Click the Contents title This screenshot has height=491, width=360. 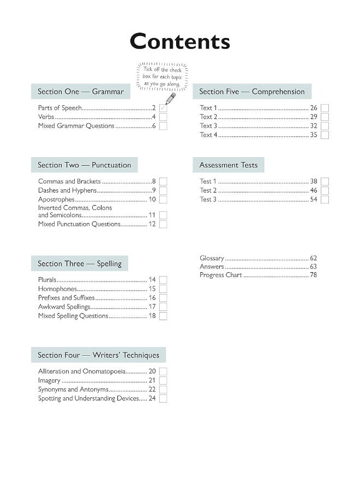pyautogui.click(x=179, y=41)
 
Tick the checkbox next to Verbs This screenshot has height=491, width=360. pyautogui.click(x=163, y=117)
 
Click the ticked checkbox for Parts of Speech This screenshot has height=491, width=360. pyautogui.click(x=163, y=108)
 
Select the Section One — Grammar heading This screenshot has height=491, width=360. pyautogui.click(x=81, y=92)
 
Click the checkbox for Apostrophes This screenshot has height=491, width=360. pyautogui.click(x=163, y=200)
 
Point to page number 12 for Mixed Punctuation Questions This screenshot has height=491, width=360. pyautogui.click(x=152, y=224)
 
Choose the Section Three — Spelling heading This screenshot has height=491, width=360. pyautogui.click(x=80, y=264)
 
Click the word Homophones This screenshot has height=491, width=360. pyautogui.click(x=58, y=289)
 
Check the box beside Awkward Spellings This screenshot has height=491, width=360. pyautogui.click(x=163, y=307)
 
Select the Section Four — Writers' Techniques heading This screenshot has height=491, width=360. pyautogui.click(x=99, y=355)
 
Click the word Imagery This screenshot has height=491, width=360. pyautogui.click(x=49, y=381)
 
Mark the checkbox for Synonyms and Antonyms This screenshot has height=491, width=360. pyautogui.click(x=163, y=390)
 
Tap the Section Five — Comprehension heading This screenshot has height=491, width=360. pyautogui.click(x=252, y=92)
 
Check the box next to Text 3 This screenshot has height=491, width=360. pyautogui.click(x=325, y=126)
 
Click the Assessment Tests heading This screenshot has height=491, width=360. pyautogui.click(x=229, y=165)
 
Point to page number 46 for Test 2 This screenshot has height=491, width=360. pyautogui.click(x=314, y=190)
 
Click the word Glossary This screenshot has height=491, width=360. pyautogui.click(x=212, y=258)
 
